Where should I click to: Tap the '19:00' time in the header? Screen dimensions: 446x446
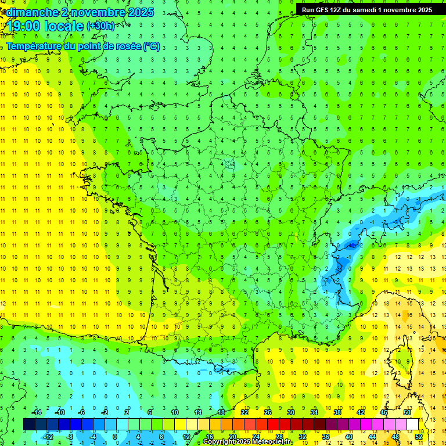click(24, 26)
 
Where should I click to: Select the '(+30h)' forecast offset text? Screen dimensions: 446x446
click(100, 26)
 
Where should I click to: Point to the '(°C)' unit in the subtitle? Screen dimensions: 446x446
click(151, 46)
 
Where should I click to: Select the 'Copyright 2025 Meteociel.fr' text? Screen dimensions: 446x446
click(248, 442)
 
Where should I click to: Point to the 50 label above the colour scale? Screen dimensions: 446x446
click(407, 412)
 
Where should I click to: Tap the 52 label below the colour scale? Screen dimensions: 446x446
click(419, 436)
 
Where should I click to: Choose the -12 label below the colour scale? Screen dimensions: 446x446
click(48, 436)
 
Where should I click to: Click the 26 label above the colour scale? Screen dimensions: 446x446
click(268, 412)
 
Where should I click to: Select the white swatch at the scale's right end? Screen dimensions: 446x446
click(412, 425)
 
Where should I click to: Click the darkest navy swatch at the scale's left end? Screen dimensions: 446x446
click(29, 425)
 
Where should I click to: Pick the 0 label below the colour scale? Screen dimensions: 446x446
click(116, 436)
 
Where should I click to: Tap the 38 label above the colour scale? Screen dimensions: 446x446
click(337, 412)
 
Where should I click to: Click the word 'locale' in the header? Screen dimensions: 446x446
click(64, 26)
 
